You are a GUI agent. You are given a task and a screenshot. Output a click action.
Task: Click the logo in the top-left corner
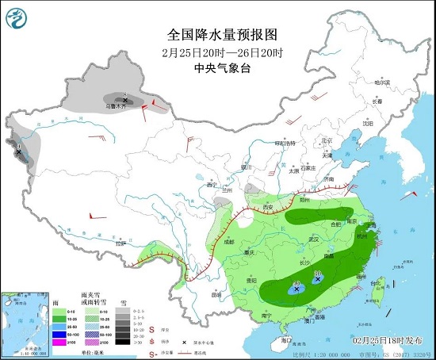pyautogui.click(x=15, y=15)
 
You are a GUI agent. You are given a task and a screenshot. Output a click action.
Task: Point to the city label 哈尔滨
pyautogui.click(x=382, y=82)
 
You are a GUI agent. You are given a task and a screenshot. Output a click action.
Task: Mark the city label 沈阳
pyautogui.click(x=367, y=123)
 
